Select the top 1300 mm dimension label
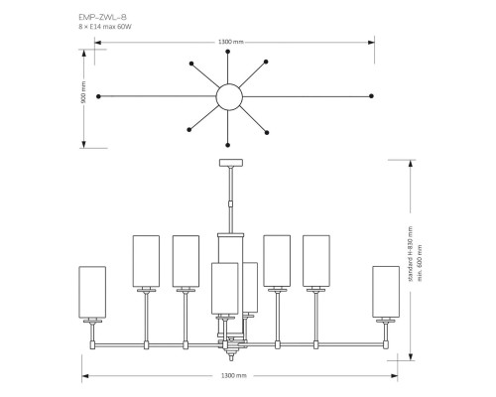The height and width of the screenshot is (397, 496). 230,42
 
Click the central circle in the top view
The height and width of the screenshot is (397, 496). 229,95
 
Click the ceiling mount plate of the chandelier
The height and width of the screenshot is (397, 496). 230,162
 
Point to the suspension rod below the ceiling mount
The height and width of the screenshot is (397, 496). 230,198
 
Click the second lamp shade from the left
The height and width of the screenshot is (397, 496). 146,260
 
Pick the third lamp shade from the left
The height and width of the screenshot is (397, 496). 186,260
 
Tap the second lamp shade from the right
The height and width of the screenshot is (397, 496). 316,260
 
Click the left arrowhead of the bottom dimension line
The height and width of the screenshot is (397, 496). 83,374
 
